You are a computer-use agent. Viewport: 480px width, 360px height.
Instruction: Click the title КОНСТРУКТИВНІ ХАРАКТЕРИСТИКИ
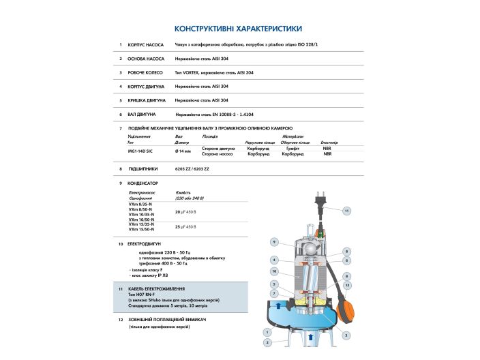pos(239,29)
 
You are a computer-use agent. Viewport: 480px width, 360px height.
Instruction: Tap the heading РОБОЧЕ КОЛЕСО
pos(147,72)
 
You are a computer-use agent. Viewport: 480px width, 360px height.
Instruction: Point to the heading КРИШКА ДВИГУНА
pos(147,100)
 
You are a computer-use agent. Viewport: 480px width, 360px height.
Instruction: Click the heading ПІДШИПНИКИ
pos(143,168)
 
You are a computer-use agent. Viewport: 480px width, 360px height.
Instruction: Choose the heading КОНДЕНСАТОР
pos(143,183)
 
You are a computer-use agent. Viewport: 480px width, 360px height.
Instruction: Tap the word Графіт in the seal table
pos(293,148)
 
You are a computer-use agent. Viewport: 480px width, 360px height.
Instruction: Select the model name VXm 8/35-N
pos(141,205)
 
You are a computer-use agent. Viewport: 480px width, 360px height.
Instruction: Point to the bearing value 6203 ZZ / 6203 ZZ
pos(192,168)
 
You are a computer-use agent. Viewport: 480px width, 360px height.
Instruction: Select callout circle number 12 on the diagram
pos(346,285)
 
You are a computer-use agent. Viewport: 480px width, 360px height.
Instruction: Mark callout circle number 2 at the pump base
pos(267,342)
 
